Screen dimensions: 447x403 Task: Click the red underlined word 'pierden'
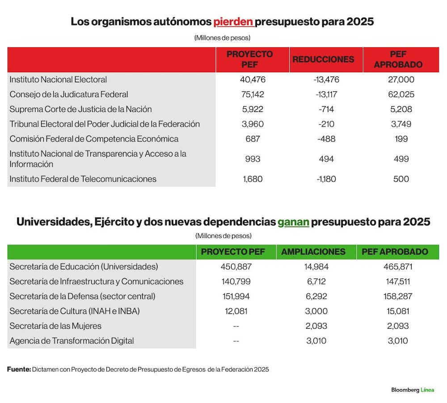point(233,21)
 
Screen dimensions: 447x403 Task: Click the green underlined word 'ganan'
point(293,222)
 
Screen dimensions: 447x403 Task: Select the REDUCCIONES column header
point(323,59)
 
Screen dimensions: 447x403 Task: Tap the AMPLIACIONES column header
point(313,251)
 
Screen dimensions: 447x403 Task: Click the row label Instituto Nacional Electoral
point(58,80)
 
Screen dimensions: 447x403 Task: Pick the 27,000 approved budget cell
point(401,80)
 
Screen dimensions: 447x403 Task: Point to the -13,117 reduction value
point(326,94)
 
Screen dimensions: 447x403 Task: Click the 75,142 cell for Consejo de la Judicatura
point(253,94)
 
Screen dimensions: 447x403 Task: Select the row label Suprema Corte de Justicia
point(80,109)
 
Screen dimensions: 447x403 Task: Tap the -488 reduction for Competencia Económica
point(326,139)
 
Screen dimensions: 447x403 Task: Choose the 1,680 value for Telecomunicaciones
point(253,179)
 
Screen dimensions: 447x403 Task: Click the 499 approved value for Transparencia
point(401,159)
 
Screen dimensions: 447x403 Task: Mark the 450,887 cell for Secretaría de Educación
point(236,267)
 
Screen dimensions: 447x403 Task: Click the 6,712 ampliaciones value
point(316,281)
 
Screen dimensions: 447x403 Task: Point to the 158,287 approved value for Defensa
point(398,297)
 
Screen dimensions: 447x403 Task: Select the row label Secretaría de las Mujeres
point(55,326)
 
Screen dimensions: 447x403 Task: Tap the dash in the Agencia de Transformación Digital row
point(236,341)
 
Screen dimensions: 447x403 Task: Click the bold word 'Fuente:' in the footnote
point(19,369)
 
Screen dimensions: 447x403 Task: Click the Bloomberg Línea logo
point(413,390)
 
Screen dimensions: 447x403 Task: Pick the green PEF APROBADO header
point(395,251)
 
